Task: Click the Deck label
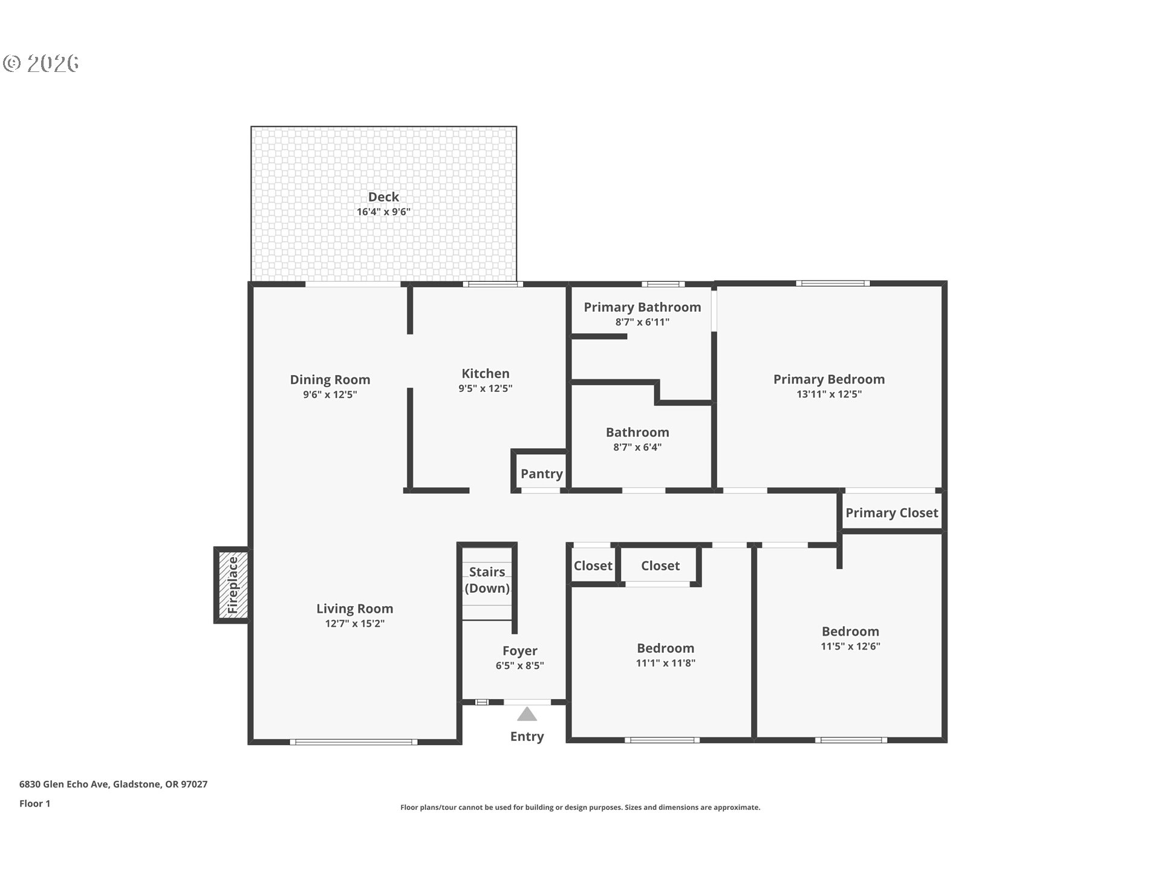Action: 383,197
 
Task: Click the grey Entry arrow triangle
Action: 527,715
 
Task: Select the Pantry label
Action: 541,474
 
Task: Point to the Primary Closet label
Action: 891,513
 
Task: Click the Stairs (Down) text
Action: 487,580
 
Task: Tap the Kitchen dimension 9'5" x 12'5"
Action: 485,389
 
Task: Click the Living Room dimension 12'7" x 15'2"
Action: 354,624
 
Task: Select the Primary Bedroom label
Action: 828,379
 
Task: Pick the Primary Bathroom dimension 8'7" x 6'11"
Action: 642,322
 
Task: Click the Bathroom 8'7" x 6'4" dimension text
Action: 637,448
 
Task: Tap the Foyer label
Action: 519,651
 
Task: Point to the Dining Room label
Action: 330,380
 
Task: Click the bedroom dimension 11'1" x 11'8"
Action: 665,664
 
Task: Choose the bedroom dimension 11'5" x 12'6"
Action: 850,647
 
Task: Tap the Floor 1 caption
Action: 34,804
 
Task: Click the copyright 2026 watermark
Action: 41,64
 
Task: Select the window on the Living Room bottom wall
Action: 353,742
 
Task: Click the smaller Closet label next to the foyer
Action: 593,566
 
